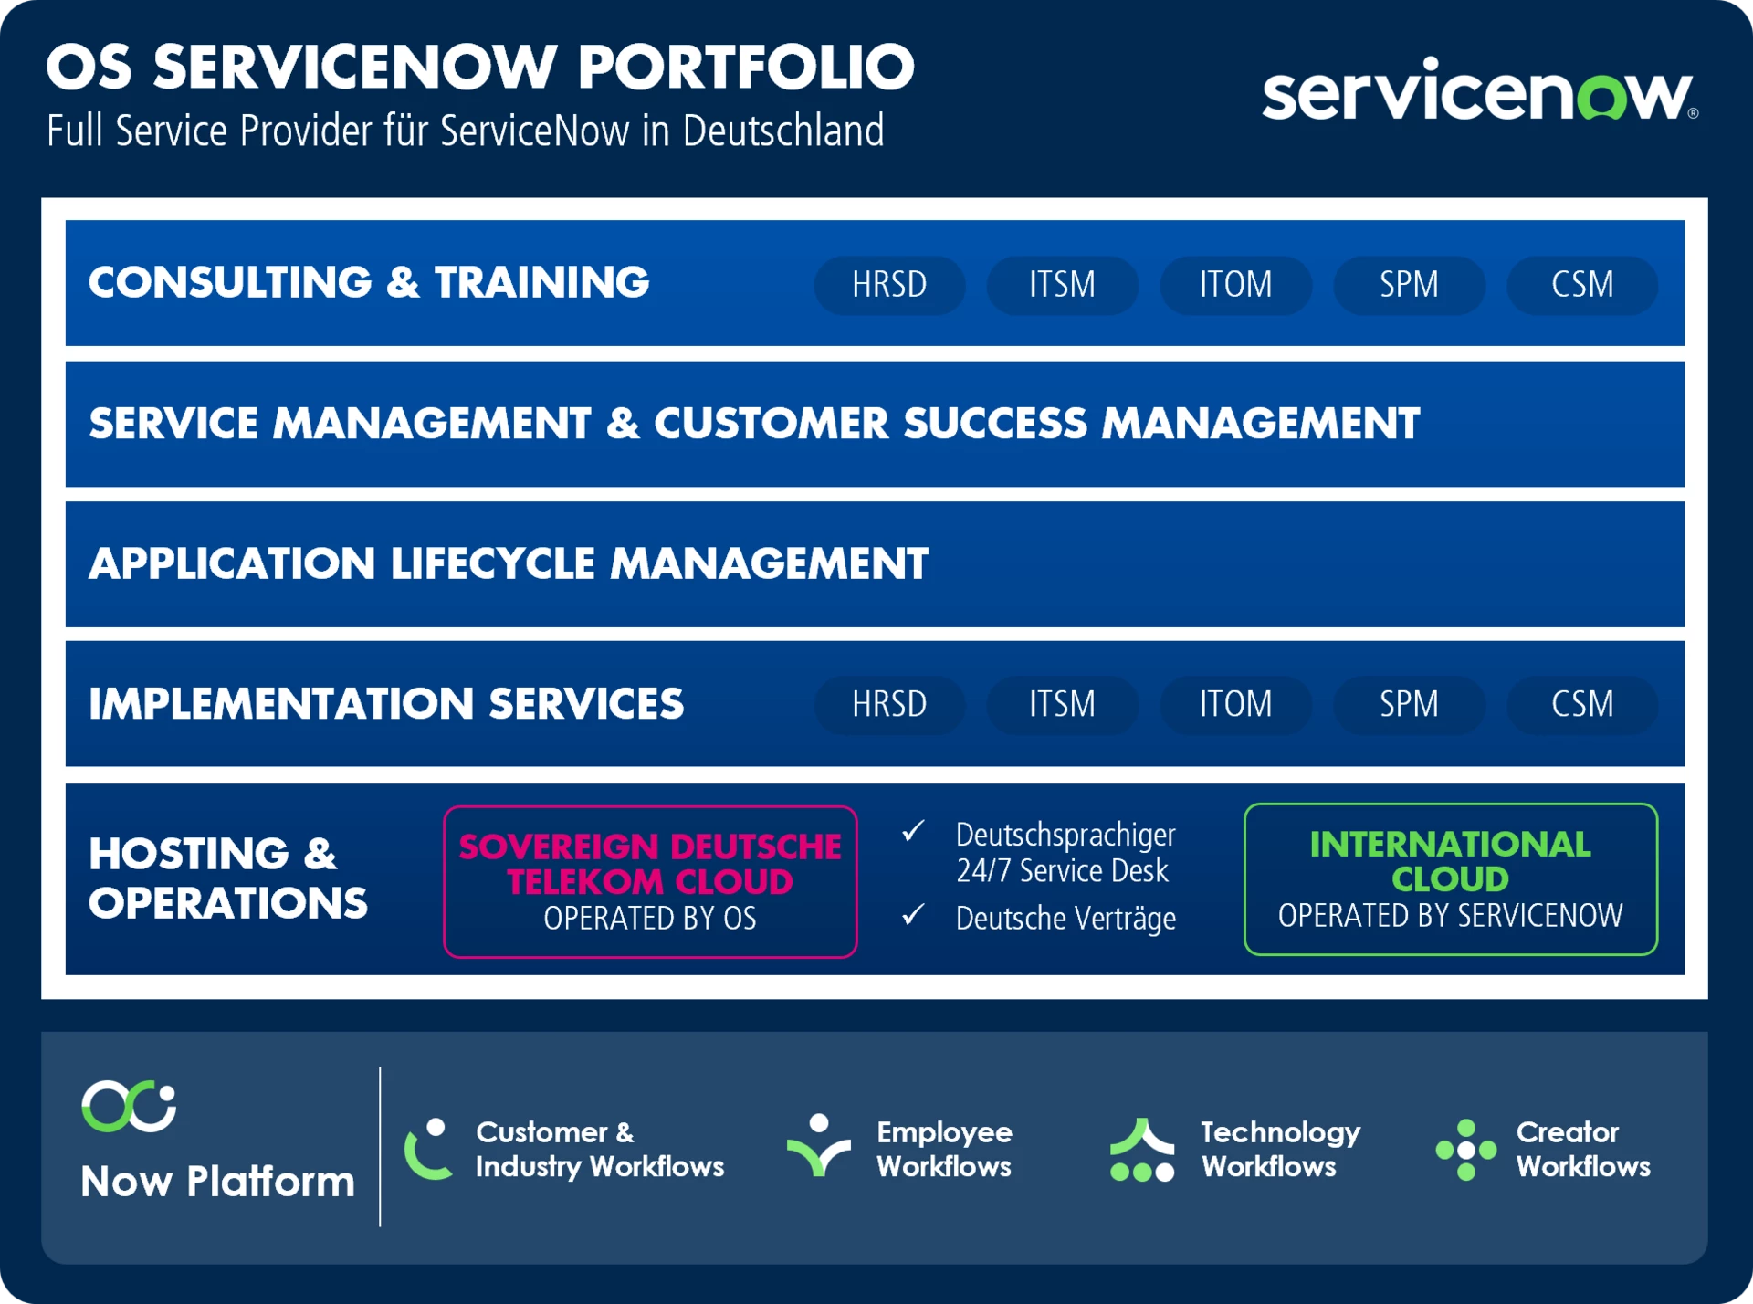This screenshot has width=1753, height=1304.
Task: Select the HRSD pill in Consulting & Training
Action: (889, 285)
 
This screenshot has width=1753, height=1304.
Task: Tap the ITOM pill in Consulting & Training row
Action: (1235, 285)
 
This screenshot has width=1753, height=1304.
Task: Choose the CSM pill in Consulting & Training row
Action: (1582, 285)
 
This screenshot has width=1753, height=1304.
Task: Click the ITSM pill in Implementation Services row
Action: (1063, 704)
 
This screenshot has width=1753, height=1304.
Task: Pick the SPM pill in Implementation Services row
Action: (1409, 704)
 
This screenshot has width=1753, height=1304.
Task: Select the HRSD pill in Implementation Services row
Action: (889, 704)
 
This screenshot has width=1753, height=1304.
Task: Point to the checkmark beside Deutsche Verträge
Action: (913, 914)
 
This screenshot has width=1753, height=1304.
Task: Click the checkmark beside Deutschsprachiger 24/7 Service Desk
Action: (913, 831)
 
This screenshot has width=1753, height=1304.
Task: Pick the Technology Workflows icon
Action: (1142, 1150)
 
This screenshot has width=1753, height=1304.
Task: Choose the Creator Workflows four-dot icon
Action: (1466, 1150)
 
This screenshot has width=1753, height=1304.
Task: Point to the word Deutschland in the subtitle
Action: (783, 131)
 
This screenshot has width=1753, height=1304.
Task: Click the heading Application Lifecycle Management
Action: (509, 563)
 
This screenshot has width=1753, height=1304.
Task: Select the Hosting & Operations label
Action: (228, 878)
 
